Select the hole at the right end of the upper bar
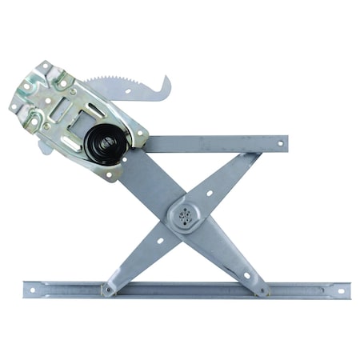click(280, 144)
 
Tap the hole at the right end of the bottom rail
click(341, 290)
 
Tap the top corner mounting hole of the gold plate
click(46, 66)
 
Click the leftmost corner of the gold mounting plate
click(13, 104)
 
